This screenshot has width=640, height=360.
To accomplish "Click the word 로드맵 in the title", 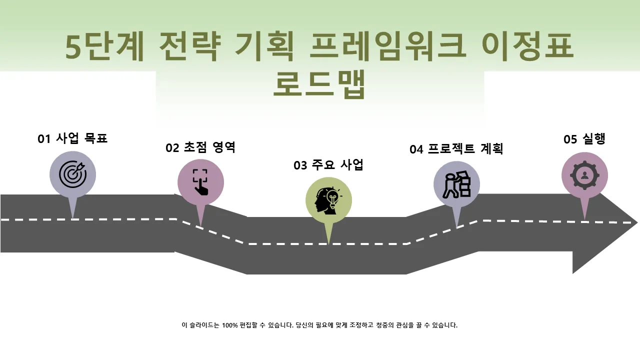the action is pyautogui.click(x=319, y=84).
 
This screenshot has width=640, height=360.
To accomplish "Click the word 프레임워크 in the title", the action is pyautogui.click(x=387, y=46).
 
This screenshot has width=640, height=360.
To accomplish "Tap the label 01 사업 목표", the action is pyautogui.click(x=72, y=138).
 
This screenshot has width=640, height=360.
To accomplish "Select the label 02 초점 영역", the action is pyautogui.click(x=200, y=147).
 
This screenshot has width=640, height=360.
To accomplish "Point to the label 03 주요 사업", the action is pyautogui.click(x=328, y=165).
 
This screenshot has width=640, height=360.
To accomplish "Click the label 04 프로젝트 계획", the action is pyautogui.click(x=456, y=149).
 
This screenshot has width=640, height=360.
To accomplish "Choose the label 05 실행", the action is pyautogui.click(x=584, y=139).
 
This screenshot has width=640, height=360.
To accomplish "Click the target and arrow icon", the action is pyautogui.click(x=73, y=174).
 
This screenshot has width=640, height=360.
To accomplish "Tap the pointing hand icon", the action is pyautogui.click(x=200, y=182).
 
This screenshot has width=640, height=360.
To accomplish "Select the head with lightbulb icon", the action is pyautogui.click(x=328, y=200).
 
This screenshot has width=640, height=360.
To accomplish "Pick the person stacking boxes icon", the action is pyautogui.click(x=456, y=184).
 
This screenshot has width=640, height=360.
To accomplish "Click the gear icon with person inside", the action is pyautogui.click(x=584, y=175).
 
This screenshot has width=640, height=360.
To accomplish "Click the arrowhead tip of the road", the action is pyautogui.click(x=637, y=222).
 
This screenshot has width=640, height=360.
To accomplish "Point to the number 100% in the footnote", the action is pyautogui.click(x=229, y=325).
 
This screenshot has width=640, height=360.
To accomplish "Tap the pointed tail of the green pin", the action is pyautogui.click(x=328, y=244).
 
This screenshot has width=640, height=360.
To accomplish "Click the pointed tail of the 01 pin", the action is pyautogui.click(x=73, y=219).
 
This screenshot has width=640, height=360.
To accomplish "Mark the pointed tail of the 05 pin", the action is pyautogui.click(x=584, y=220).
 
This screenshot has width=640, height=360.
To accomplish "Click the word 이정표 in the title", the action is pyautogui.click(x=527, y=46).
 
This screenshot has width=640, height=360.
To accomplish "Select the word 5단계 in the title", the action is pyautogui.click(x=104, y=46).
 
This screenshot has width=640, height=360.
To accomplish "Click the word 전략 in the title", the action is pyautogui.click(x=189, y=46).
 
